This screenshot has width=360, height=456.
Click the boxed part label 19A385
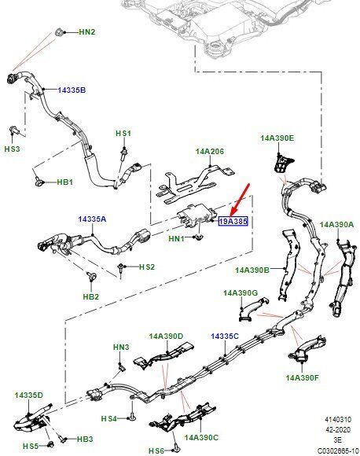(x=233, y=221)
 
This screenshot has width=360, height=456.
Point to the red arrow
(x=241, y=200)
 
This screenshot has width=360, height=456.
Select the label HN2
(x=87, y=32)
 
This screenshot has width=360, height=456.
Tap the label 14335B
(x=72, y=90)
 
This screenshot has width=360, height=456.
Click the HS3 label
(x=13, y=149)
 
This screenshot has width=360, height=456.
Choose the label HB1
(x=64, y=182)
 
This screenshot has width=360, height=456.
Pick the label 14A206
(x=210, y=152)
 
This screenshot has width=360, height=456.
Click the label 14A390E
(x=277, y=138)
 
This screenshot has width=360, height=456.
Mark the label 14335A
(x=92, y=219)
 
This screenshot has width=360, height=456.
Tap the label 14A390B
(x=252, y=270)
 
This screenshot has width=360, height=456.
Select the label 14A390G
(x=241, y=292)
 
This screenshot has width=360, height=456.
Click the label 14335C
(x=225, y=336)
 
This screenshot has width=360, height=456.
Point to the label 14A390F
(x=303, y=377)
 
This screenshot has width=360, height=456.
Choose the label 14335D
(x=29, y=395)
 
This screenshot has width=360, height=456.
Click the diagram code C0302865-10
(x=338, y=450)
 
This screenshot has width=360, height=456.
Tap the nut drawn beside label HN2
(x=59, y=32)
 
